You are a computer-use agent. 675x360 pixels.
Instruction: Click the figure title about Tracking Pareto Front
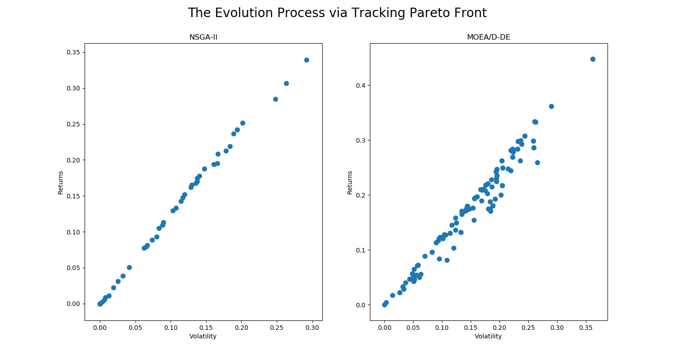pyautogui.click(x=337, y=13)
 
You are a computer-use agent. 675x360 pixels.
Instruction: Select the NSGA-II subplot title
pyautogui.click(x=203, y=37)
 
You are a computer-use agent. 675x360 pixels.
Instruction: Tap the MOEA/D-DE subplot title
pyautogui.click(x=488, y=37)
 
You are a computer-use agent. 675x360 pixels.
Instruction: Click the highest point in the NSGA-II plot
pyautogui.click(x=306, y=60)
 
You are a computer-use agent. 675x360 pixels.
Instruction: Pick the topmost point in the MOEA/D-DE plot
pyautogui.click(x=593, y=59)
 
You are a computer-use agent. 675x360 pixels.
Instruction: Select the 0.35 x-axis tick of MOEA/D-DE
pyautogui.click(x=586, y=328)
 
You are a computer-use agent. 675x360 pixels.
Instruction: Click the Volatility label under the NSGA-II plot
pyautogui.click(x=203, y=337)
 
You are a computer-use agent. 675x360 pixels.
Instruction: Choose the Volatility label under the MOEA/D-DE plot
pyautogui.click(x=488, y=337)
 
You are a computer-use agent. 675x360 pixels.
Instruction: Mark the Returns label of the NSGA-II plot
pyautogui.click(x=61, y=182)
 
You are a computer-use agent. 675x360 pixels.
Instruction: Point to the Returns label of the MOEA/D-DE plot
pyautogui.click(x=350, y=182)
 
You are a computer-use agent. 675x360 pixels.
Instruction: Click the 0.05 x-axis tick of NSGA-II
pyautogui.click(x=135, y=328)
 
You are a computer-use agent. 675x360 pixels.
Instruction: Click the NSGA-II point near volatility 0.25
pyautogui.click(x=275, y=99)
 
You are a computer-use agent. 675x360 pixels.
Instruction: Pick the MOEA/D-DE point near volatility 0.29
pyautogui.click(x=551, y=106)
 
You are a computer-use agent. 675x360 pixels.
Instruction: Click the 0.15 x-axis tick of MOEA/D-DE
pyautogui.click(x=471, y=328)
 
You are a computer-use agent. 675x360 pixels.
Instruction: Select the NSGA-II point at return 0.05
pyautogui.click(x=129, y=267)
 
